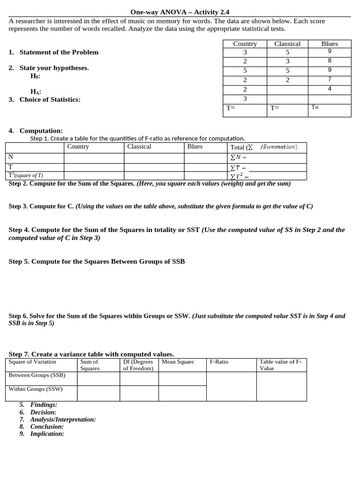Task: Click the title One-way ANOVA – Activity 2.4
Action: [180, 12]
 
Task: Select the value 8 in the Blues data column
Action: [330, 60]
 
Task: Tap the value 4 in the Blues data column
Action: [330, 89]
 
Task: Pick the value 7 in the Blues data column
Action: [330, 79]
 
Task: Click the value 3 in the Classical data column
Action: [287, 61]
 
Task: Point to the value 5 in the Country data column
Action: [245, 71]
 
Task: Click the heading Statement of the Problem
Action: [59, 52]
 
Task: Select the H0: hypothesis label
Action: [35, 76]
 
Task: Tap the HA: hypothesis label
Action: [36, 92]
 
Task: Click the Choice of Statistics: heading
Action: [50, 99]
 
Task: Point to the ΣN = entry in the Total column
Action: [238, 157]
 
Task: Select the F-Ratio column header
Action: [219, 362]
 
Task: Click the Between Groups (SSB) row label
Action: [37, 375]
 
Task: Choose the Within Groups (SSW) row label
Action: [36, 389]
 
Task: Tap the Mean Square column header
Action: [178, 362]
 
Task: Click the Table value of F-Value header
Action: [281, 365]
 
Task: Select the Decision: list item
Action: [43, 412]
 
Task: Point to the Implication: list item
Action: [47, 434]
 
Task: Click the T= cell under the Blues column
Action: [315, 107]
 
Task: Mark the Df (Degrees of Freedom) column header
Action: [138, 365]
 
